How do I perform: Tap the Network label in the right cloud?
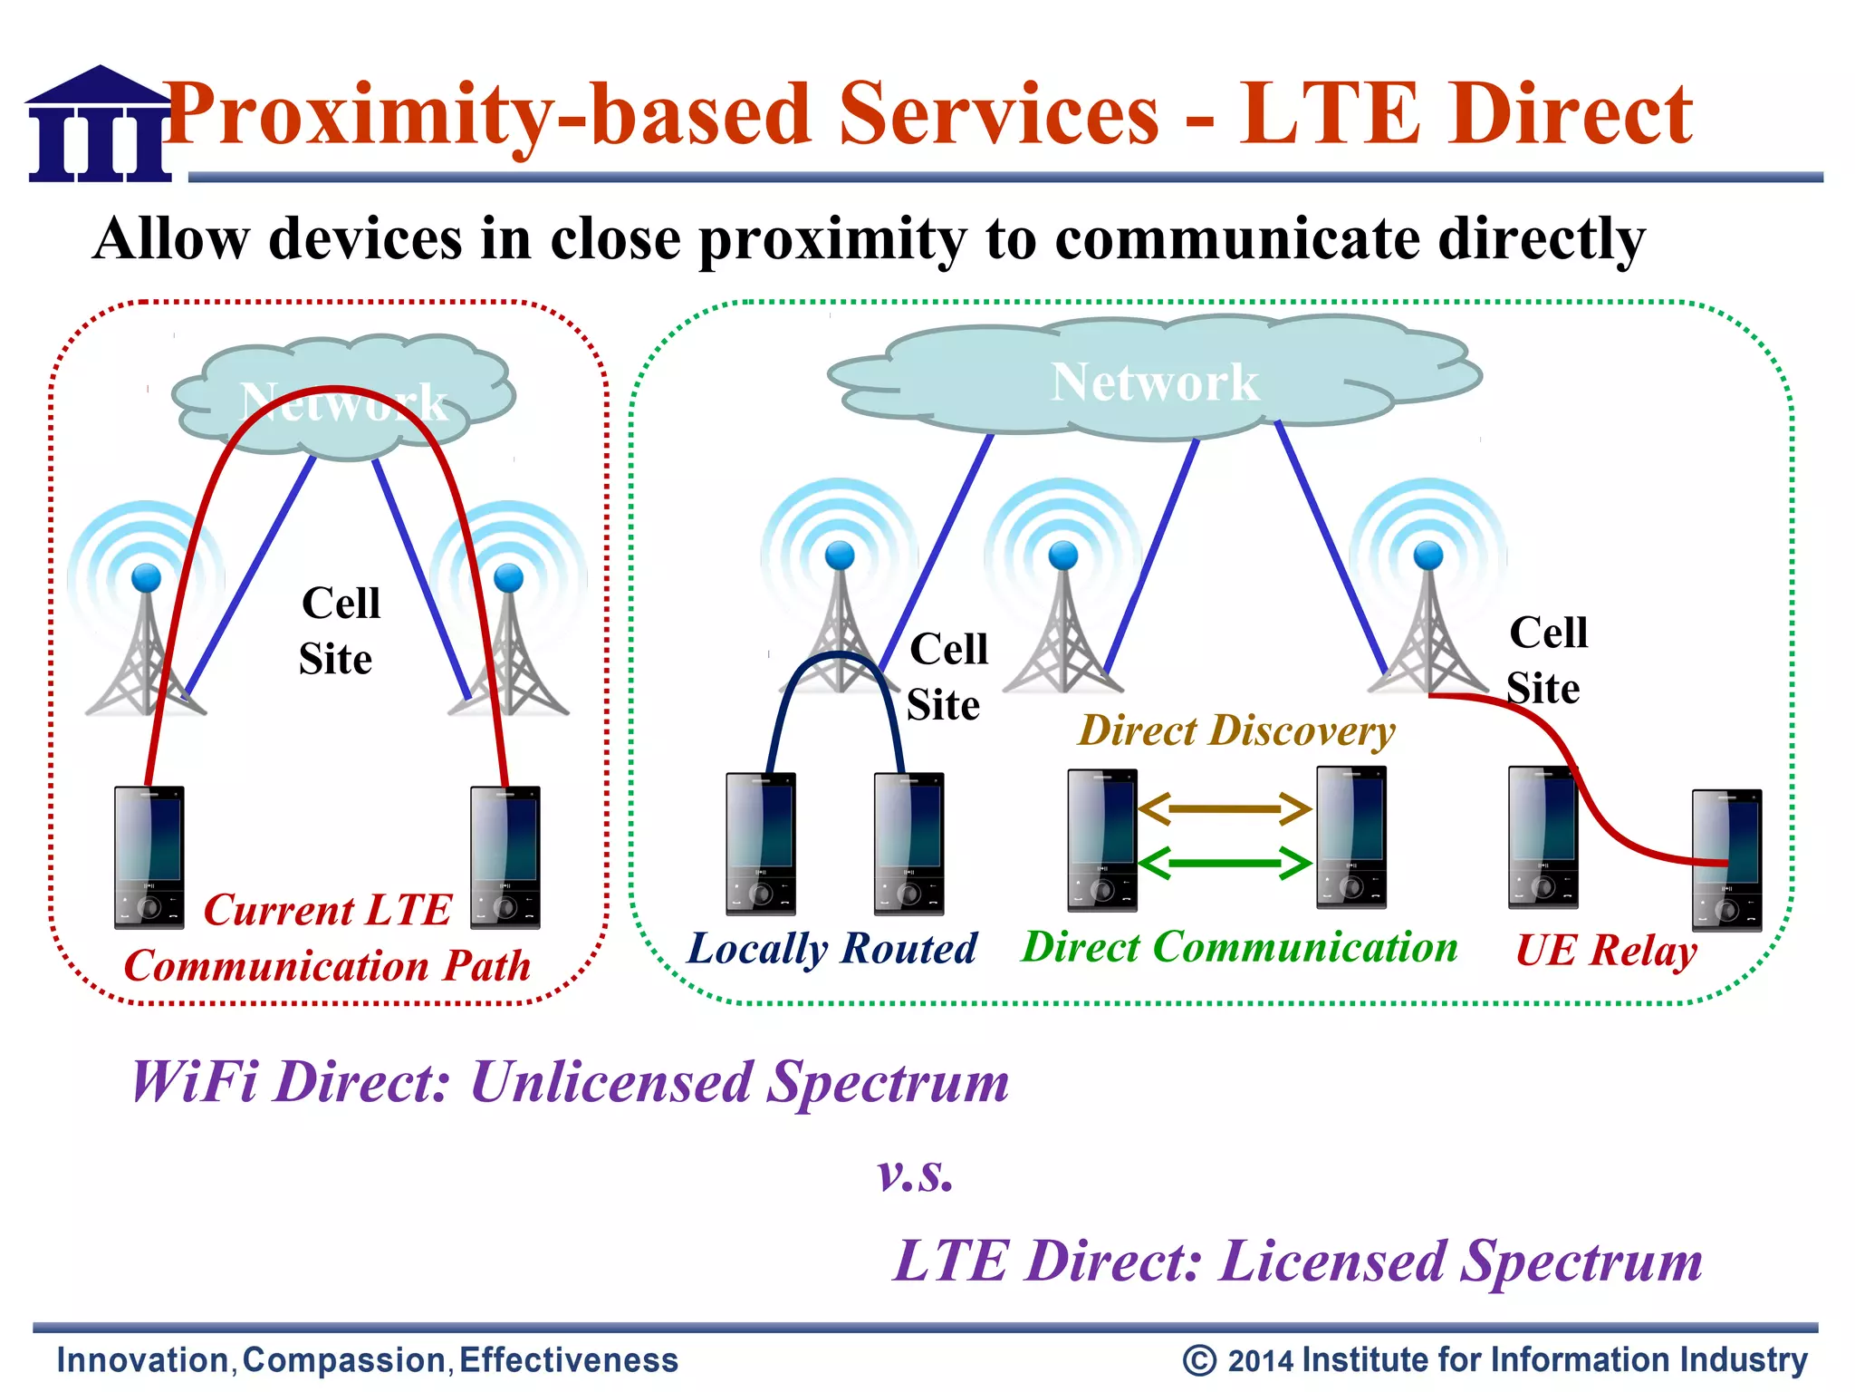point(1154,382)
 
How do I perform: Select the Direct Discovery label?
point(1236,730)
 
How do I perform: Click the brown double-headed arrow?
point(1224,808)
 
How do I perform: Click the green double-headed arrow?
point(1224,864)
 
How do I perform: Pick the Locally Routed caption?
point(831,949)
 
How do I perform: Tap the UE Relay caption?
point(1606,951)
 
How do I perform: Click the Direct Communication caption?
point(1240,947)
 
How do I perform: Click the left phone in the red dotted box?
point(149,856)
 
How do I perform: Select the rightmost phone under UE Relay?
point(1726,860)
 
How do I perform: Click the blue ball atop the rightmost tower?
point(1428,554)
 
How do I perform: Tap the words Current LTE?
point(327,910)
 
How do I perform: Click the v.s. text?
point(916,1174)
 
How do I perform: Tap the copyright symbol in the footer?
point(1199,1360)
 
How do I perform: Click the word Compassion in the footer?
point(344,1360)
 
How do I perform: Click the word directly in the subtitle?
point(1541,239)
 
